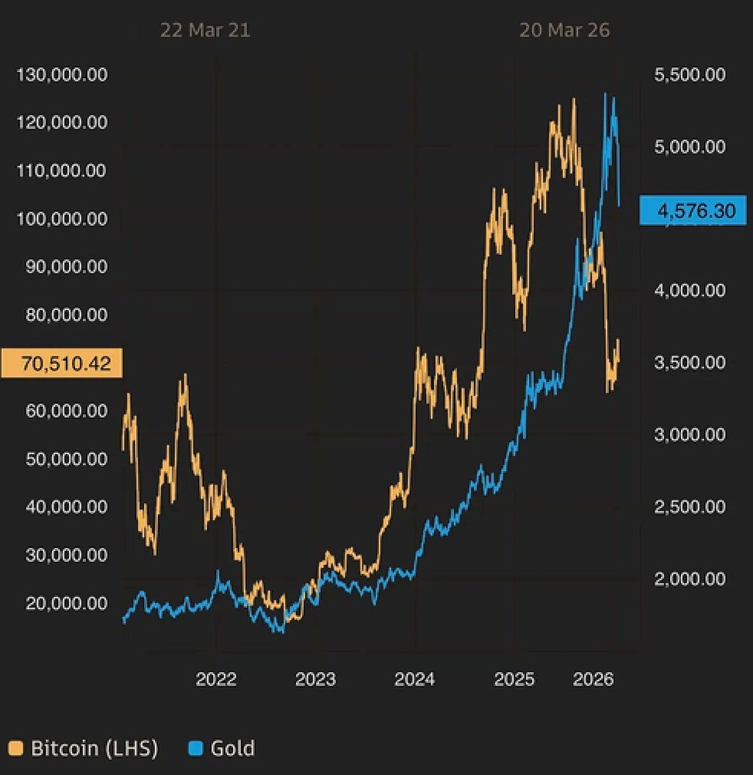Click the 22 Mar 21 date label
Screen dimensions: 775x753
pyautogui.click(x=205, y=30)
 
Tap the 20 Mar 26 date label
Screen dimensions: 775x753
pyautogui.click(x=564, y=30)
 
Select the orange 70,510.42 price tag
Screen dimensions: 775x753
pyautogui.click(x=62, y=363)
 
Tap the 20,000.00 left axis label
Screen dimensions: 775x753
pyautogui.click(x=67, y=602)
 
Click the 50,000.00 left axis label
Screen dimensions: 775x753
pyautogui.click(x=67, y=458)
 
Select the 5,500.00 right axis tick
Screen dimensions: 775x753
pyautogui.click(x=689, y=74)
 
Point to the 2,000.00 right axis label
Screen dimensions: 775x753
pyautogui.click(x=689, y=579)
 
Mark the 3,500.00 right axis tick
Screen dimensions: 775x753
pyautogui.click(x=689, y=363)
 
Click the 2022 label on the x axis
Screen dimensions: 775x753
pyautogui.click(x=216, y=680)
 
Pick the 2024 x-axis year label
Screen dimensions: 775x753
pyautogui.click(x=414, y=680)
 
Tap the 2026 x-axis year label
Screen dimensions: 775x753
pyautogui.click(x=593, y=680)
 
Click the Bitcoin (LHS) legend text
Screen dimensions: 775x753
pyautogui.click(x=95, y=749)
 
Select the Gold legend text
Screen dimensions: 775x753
pyautogui.click(x=232, y=749)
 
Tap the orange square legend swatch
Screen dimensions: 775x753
pyautogui.click(x=15, y=749)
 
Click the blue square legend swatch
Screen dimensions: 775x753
pyautogui.click(x=196, y=749)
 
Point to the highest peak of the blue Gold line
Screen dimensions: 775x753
pyautogui.click(x=605, y=94)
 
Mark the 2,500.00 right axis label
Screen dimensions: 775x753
pyautogui.click(x=689, y=507)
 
